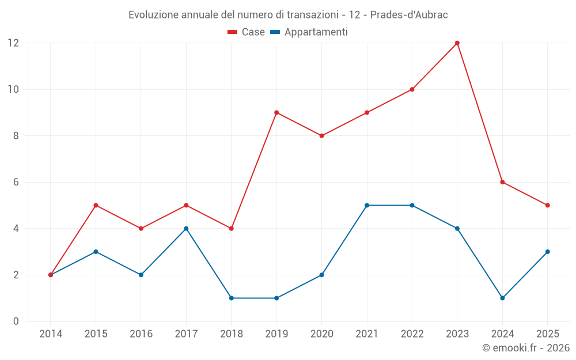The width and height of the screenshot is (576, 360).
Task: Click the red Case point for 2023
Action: pyautogui.click(x=457, y=43)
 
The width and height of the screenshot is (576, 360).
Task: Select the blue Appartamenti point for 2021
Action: pyautogui.click(x=367, y=206)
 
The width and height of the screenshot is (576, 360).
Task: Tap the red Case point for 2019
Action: pyautogui.click(x=276, y=113)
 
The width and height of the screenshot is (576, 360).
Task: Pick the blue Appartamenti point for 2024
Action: pyautogui.click(x=502, y=298)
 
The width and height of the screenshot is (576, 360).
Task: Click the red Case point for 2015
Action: pyautogui.click(x=96, y=206)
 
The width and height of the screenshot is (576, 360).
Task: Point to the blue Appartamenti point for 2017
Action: pyautogui.click(x=186, y=229)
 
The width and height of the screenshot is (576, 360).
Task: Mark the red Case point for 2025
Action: pyautogui.click(x=548, y=206)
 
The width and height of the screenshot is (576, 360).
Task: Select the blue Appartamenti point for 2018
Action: pyautogui.click(x=232, y=298)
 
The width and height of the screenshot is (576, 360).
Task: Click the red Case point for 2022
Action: pyautogui.click(x=412, y=89)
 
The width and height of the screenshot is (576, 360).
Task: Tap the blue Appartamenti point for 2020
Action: pyautogui.click(x=321, y=275)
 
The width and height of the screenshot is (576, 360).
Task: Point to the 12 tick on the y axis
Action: pyautogui.click(x=13, y=43)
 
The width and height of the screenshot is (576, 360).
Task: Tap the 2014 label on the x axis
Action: pyautogui.click(x=51, y=334)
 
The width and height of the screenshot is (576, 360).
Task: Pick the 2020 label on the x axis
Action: pyautogui.click(x=321, y=334)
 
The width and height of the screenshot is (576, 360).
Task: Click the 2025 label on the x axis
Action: pyautogui.click(x=548, y=334)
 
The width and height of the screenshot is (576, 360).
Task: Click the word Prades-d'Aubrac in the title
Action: pyautogui.click(x=409, y=15)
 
